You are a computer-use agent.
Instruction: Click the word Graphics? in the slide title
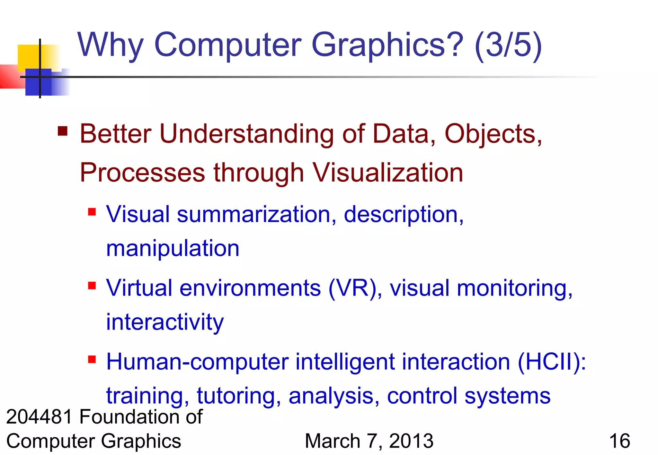pos(387,46)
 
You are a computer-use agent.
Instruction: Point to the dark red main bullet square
pos(63,131)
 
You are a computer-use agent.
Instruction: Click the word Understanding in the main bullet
pos(247,134)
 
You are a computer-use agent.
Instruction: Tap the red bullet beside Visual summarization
pos(92,212)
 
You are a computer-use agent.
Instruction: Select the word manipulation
pos(173,248)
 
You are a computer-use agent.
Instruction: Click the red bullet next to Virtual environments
pos(92,285)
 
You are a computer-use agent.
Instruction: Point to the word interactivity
pos(165,322)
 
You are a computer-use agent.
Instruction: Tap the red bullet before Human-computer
pos(92,359)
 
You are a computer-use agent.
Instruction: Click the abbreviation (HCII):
pos(552,362)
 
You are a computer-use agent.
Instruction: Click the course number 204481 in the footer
pos(39,417)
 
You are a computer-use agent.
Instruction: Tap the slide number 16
pos(619,441)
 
